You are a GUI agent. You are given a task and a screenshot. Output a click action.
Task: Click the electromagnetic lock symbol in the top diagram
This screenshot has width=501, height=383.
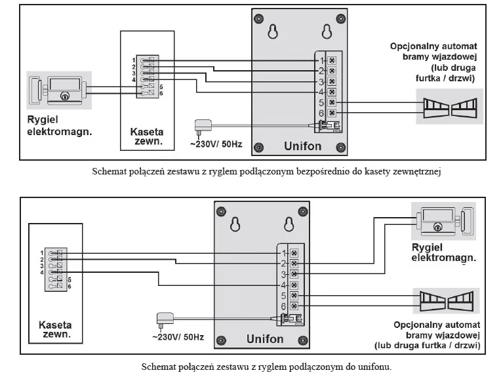(58, 89)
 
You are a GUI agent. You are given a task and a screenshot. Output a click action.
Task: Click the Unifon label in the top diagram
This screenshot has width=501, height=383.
(302, 146)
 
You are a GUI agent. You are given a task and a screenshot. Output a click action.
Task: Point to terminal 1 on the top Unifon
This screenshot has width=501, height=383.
(332, 60)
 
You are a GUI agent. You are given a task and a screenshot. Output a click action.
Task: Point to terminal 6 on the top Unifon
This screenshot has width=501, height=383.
(332, 113)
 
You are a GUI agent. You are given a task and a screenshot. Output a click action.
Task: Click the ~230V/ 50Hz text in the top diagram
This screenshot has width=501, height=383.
(216, 144)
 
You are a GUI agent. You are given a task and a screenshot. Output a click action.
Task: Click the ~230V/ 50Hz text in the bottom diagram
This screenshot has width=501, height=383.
(178, 337)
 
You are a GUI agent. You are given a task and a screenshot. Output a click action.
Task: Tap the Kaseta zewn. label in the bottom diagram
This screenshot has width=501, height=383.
(55, 329)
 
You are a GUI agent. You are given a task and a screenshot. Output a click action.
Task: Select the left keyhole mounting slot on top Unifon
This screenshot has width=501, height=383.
(273, 31)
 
